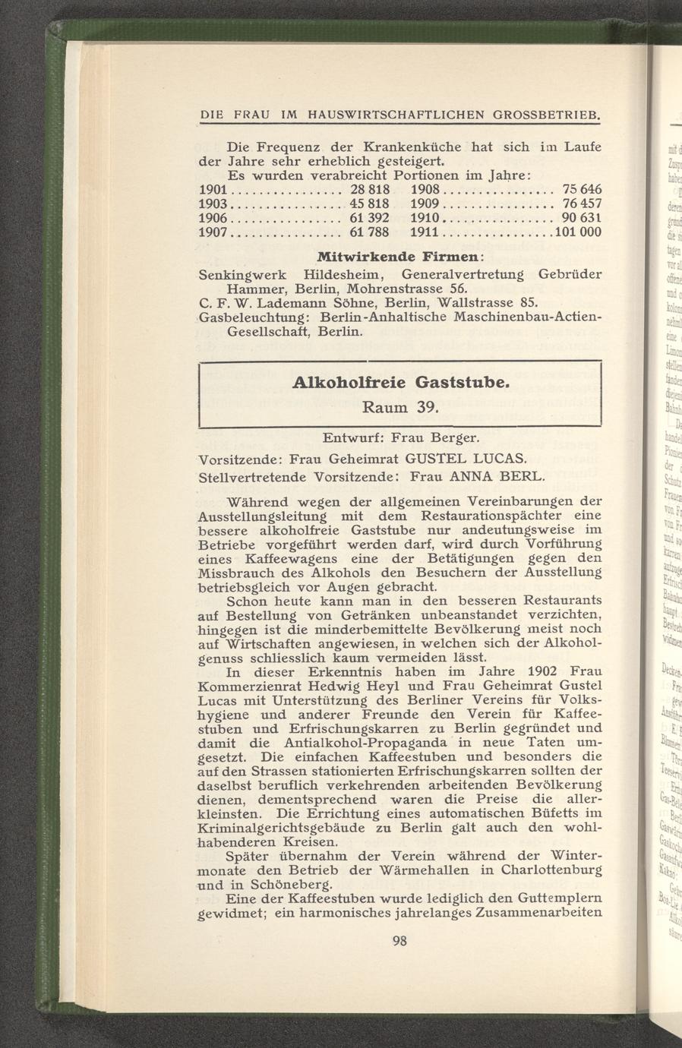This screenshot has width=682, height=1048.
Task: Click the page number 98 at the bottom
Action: (x=400, y=940)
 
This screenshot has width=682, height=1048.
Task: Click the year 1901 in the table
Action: (x=212, y=188)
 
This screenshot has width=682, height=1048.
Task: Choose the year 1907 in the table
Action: (x=212, y=232)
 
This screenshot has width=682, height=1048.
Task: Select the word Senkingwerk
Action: (x=238, y=273)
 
